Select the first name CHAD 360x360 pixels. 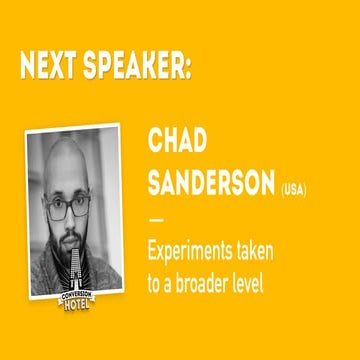[178, 142]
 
